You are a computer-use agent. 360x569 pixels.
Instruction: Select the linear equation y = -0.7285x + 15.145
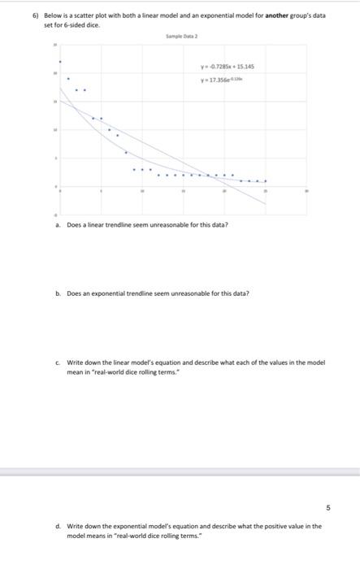click(x=232, y=67)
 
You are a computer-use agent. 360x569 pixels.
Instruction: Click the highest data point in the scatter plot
click(x=59, y=62)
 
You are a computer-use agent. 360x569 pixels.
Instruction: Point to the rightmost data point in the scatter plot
click(x=265, y=180)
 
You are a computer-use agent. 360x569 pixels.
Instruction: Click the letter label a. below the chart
click(x=58, y=224)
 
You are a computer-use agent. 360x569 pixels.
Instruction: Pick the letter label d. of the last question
click(x=58, y=526)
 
